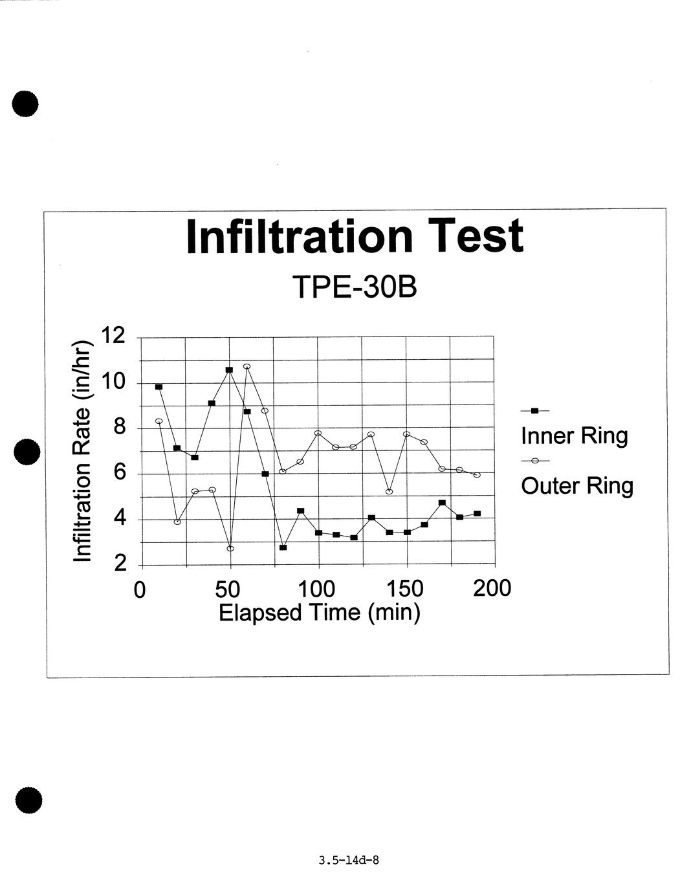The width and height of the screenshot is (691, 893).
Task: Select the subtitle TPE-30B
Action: click(355, 287)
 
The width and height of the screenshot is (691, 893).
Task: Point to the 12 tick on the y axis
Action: click(113, 336)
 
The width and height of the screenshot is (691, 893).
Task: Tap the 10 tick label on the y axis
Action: click(113, 382)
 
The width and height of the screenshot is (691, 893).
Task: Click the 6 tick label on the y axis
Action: click(118, 473)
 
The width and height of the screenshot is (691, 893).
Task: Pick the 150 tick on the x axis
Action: click(405, 589)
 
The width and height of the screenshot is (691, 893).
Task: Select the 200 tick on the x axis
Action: click(492, 589)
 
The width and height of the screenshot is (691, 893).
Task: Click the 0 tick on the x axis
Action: click(139, 590)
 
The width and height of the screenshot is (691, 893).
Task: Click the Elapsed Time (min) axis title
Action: click(320, 612)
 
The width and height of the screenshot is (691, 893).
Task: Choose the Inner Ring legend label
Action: click(575, 435)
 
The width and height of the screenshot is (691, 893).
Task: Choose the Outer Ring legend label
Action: click(577, 485)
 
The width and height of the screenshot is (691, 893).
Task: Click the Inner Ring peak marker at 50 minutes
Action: click(229, 370)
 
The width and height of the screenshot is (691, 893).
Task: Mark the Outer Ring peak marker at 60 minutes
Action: click(247, 366)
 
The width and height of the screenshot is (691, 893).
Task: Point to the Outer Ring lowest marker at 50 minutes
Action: click(230, 549)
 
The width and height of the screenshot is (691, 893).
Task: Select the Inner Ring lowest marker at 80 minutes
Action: click(283, 547)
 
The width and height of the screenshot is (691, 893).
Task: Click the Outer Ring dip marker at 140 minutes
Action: click(389, 492)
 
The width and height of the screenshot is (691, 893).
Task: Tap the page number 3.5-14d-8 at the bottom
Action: click(349, 861)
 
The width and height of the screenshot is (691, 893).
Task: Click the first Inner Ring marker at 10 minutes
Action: click(159, 387)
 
